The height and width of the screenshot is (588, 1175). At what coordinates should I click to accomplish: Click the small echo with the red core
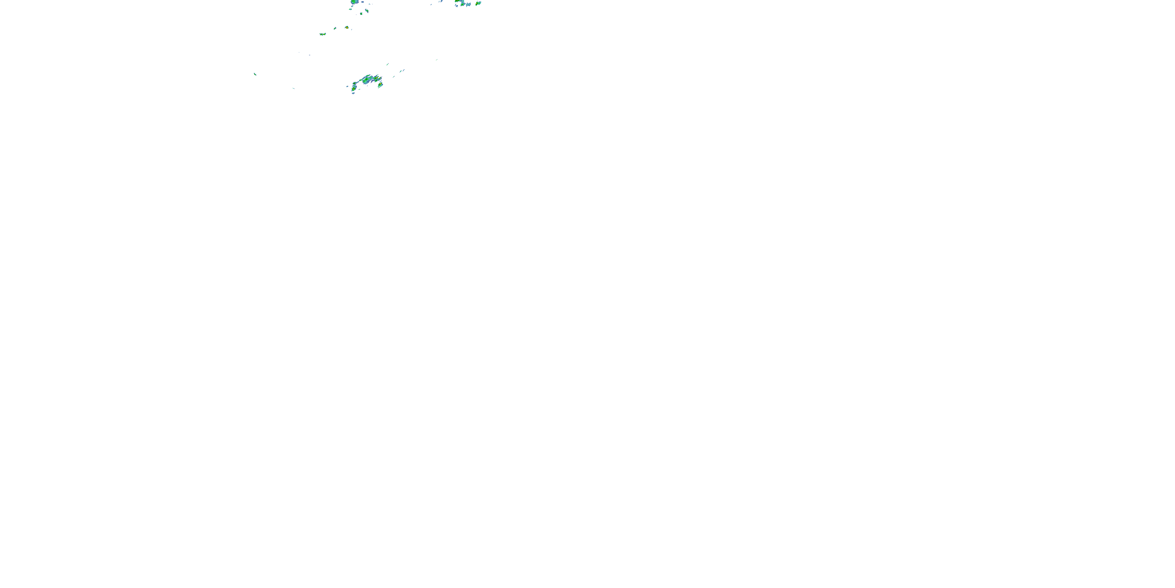click(x=347, y=27)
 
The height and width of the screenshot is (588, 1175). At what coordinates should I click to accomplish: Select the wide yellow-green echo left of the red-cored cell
click(x=322, y=34)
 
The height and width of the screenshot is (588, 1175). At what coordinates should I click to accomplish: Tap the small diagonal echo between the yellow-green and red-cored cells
click(x=335, y=28)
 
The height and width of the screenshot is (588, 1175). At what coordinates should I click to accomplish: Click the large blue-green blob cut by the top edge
click(x=354, y=2)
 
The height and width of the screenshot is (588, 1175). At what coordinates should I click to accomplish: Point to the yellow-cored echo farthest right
click(x=478, y=3)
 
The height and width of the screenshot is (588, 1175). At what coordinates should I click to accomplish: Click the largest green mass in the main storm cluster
click(x=368, y=80)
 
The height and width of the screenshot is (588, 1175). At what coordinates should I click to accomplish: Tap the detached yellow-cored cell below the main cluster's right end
click(x=380, y=85)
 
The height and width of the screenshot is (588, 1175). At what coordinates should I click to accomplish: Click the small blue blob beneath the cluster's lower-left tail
click(x=353, y=93)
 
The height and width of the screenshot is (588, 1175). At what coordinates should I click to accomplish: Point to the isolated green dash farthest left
click(x=255, y=74)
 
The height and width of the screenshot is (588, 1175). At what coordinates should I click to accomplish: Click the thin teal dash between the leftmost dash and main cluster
click(x=293, y=88)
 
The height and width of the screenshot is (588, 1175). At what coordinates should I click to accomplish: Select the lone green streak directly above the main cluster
click(x=387, y=64)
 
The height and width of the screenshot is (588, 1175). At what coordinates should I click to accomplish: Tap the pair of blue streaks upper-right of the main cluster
click(x=402, y=71)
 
